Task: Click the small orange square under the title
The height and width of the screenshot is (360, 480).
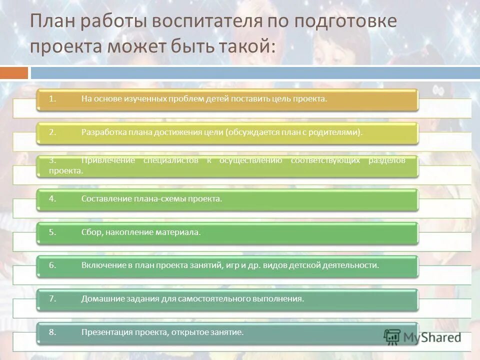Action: pos(14,73)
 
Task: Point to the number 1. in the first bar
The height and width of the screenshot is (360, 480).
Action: pos(52,99)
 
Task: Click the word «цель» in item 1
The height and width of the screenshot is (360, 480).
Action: pos(282,99)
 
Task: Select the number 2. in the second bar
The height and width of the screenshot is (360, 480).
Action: pos(52,132)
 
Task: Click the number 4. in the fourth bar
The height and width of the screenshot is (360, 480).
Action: pos(52,199)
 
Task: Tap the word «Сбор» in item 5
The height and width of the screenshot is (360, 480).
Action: pos(91,232)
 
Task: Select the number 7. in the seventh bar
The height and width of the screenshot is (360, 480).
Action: pos(52,299)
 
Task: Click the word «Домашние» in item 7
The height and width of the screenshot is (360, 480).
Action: pos(98,299)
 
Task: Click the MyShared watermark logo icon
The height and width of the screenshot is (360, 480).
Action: pos(392,336)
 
